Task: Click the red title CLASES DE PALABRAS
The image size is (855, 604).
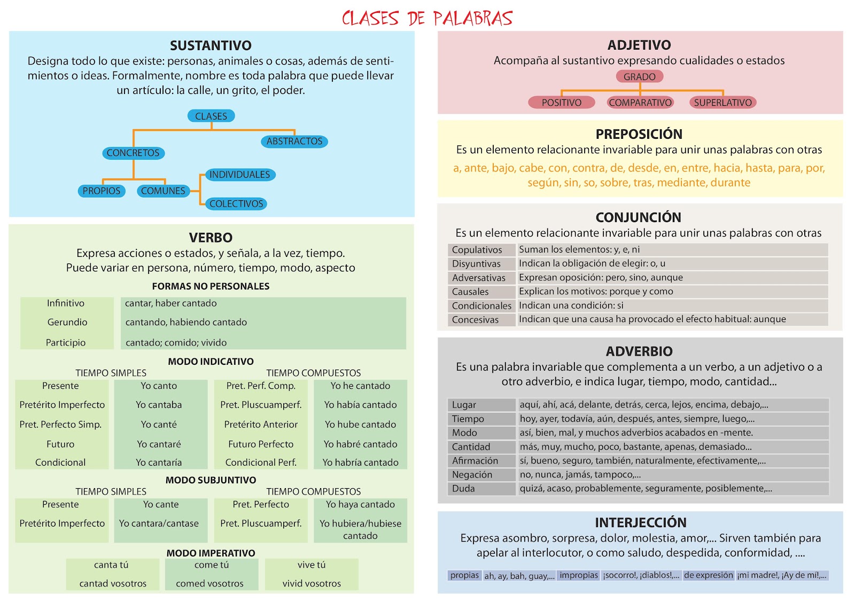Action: pyautogui.click(x=427, y=18)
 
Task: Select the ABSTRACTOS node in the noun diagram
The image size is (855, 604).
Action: pyautogui.click(x=294, y=142)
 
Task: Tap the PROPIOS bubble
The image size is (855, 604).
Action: pyautogui.click(x=102, y=191)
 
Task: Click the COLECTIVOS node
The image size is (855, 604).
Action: pyautogui.click(x=236, y=203)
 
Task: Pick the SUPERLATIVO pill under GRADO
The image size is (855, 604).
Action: pyautogui.click(x=722, y=103)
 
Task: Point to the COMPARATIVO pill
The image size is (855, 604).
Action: pyautogui.click(x=640, y=103)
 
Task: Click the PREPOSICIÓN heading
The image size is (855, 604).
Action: pyautogui.click(x=639, y=134)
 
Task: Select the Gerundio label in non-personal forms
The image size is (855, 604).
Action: pyautogui.click(x=67, y=322)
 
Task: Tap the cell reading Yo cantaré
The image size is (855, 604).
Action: pyautogui.click(x=159, y=444)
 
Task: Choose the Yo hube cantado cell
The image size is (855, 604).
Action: pyautogui.click(x=361, y=425)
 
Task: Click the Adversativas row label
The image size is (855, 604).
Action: pyautogui.click(x=479, y=278)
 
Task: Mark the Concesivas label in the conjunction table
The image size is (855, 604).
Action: pyautogui.click(x=475, y=320)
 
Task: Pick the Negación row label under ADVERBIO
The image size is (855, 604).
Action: pyautogui.click(x=472, y=475)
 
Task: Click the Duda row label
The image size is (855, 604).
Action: pyautogui.click(x=463, y=489)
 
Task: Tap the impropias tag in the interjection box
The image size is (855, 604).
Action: pyautogui.click(x=579, y=575)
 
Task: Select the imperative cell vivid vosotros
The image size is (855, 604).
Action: pyautogui.click(x=312, y=584)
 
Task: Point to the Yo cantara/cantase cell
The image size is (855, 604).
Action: pyautogui.click(x=159, y=523)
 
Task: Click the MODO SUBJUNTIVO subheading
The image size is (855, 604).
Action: pyautogui.click(x=211, y=480)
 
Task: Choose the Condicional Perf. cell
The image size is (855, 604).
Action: pyautogui.click(x=261, y=462)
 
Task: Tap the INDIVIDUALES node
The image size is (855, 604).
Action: pyautogui.click(x=239, y=175)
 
